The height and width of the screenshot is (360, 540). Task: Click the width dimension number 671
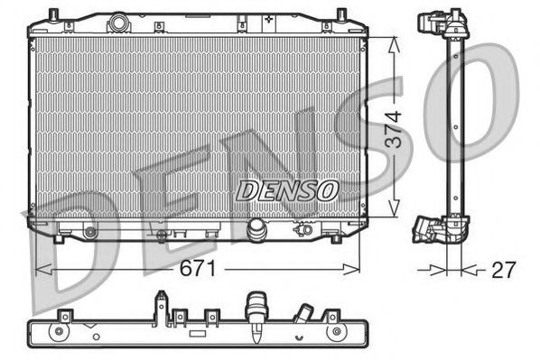[x=198, y=268]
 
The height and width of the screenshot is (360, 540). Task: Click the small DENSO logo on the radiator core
[x=286, y=189]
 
